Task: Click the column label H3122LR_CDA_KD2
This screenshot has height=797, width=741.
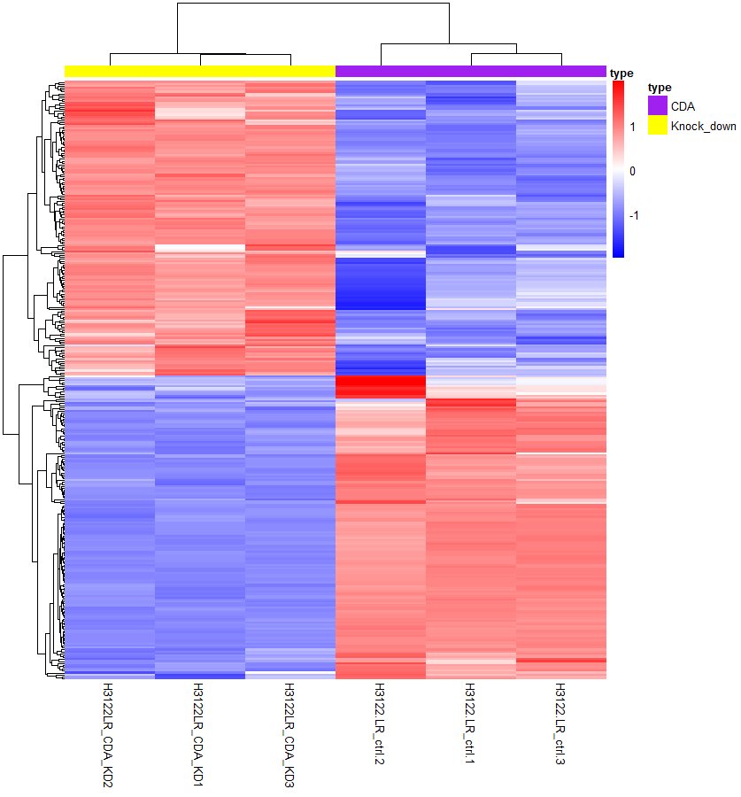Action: point(109,734)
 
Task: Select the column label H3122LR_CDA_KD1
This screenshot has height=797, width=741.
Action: point(199,734)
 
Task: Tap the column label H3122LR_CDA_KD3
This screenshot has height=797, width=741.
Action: point(289,734)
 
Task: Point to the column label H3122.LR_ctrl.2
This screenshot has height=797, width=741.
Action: point(380,727)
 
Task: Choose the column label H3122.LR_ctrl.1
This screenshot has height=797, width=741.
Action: point(470,727)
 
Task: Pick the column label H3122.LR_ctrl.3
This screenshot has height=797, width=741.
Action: point(560,727)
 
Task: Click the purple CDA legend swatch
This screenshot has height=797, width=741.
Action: point(657,105)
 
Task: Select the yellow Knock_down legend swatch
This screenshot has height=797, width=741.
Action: point(657,126)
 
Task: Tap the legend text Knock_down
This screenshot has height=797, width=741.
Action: point(703,127)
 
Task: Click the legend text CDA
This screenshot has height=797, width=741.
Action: point(683,106)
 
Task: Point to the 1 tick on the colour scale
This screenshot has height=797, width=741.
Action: point(632,127)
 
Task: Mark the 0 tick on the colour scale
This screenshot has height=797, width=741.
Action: point(632,170)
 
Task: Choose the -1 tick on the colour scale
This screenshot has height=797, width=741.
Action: point(634,214)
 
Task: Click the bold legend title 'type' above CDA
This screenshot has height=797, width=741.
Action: point(660,88)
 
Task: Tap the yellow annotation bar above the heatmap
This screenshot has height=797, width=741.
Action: point(200,71)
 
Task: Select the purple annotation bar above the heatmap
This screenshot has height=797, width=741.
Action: point(471,71)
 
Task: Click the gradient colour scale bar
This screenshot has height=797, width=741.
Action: point(618,168)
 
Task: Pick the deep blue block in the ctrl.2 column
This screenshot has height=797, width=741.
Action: point(380,283)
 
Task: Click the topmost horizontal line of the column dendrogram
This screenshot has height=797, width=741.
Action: point(313,4)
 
